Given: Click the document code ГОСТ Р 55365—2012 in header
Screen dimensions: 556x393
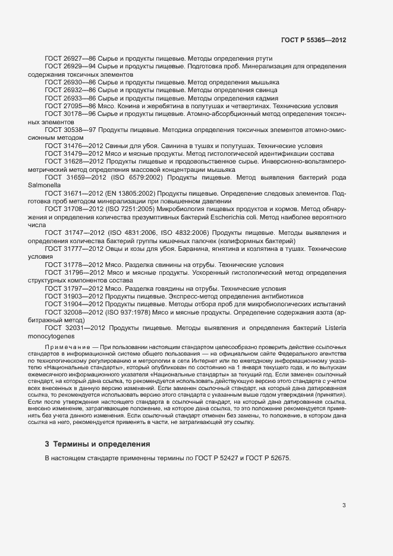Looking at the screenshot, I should [313, 40].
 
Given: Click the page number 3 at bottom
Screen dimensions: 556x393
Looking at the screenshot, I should [344, 506].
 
